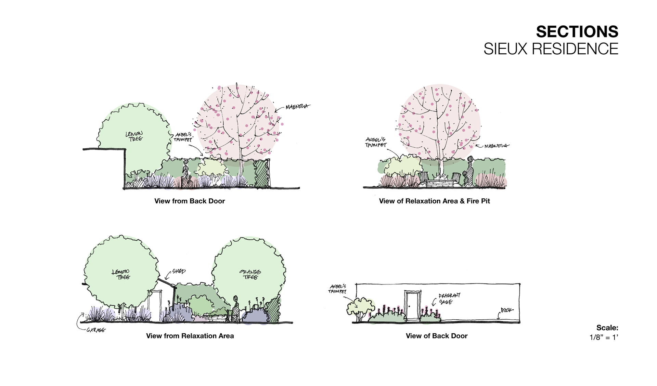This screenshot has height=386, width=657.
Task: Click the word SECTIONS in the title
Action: pyautogui.click(x=577, y=32)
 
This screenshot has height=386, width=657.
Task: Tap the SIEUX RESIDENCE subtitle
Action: pyautogui.click(x=551, y=49)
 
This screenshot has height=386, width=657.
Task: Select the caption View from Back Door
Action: pyautogui.click(x=190, y=201)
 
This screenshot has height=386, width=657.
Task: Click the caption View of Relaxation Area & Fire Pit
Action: pyautogui.click(x=434, y=201)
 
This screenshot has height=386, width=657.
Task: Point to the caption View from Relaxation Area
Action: pyautogui.click(x=190, y=336)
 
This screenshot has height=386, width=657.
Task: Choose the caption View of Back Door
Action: pyautogui.click(x=436, y=336)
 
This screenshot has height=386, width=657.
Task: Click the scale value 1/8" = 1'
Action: pyautogui.click(x=604, y=337)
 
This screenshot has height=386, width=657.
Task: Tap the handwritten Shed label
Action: pyautogui.click(x=179, y=271)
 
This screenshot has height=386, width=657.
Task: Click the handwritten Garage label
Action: pyautogui.click(x=96, y=330)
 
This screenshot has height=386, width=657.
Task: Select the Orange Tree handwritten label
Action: pyautogui.click(x=250, y=275)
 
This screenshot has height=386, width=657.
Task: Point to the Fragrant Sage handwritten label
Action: pyautogui.click(x=449, y=298)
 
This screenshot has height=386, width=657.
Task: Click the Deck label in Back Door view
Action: pyautogui.click(x=507, y=310)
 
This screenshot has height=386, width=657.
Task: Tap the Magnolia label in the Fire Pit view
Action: pyautogui.click(x=496, y=146)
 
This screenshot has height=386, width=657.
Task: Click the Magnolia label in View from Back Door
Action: pyautogui.click(x=297, y=107)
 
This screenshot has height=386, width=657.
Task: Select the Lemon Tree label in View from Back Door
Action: pyautogui.click(x=134, y=136)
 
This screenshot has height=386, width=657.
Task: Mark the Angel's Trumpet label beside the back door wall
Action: pyautogui.click(x=337, y=289)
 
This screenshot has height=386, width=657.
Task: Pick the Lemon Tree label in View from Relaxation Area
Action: pyautogui.click(x=121, y=275)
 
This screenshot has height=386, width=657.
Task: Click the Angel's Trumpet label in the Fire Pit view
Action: pyautogui.click(x=376, y=142)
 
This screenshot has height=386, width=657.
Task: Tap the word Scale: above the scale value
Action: pyautogui.click(x=607, y=328)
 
